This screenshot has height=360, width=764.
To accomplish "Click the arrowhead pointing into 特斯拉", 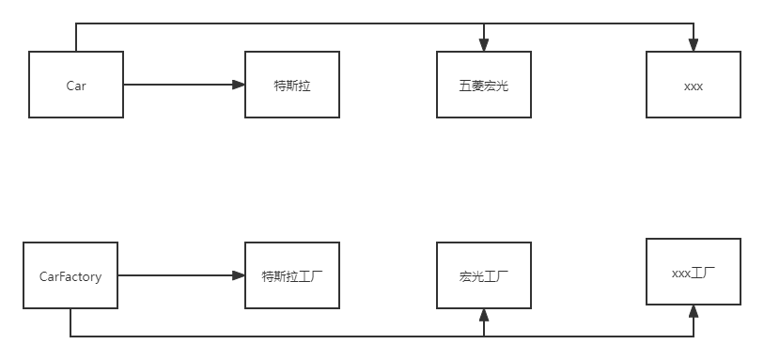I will [239, 85].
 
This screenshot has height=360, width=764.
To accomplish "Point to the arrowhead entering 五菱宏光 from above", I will [484, 44].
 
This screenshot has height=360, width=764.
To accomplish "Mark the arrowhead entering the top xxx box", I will [694, 44].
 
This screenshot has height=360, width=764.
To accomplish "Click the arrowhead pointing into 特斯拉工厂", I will [239, 275].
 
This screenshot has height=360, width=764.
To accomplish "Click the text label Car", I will [76, 86].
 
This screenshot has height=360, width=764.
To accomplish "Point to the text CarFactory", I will [70, 276].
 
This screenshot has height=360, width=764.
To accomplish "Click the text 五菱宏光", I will [484, 86].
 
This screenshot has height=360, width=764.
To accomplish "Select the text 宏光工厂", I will [484, 276].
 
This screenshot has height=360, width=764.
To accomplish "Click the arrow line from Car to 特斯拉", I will [179, 85].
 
